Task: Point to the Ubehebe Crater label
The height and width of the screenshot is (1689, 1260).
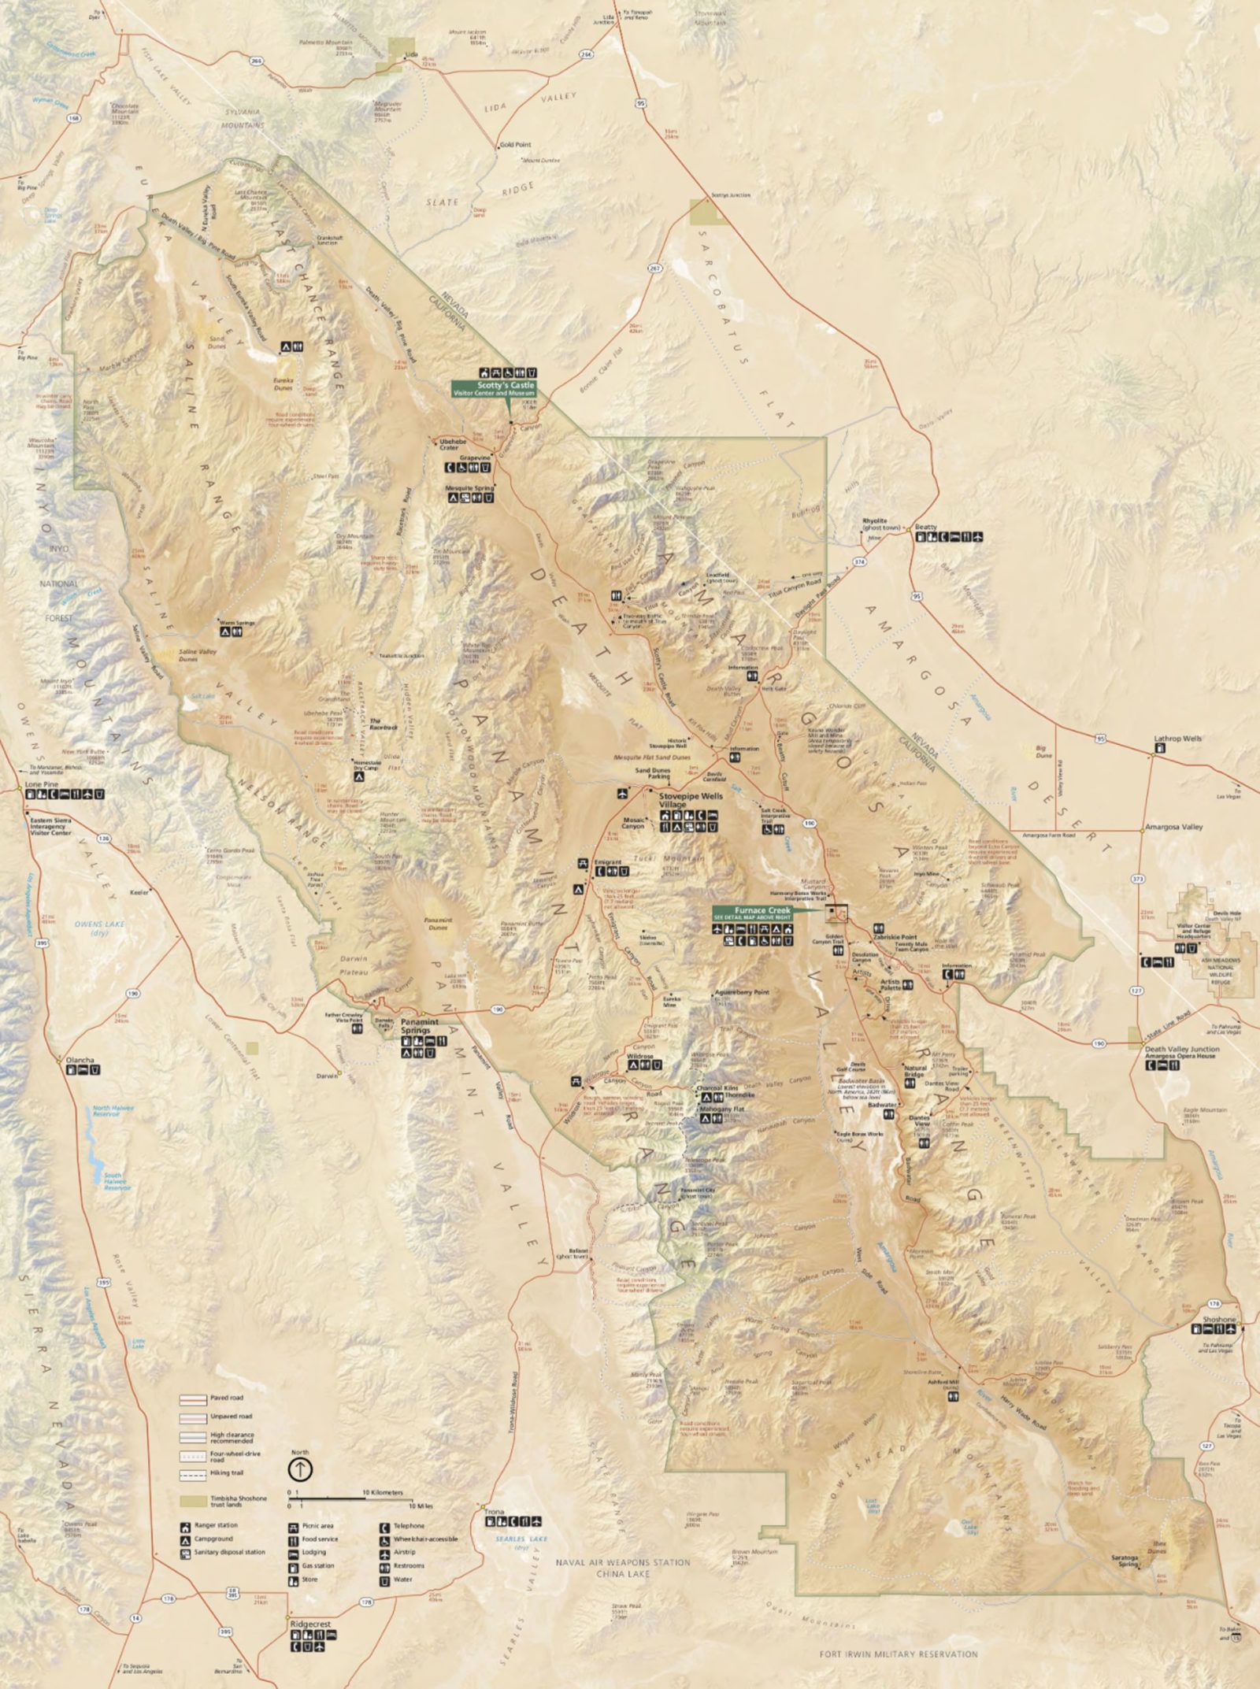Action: (449, 445)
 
